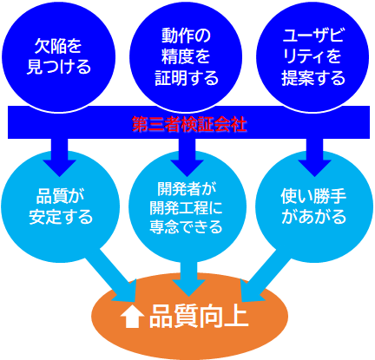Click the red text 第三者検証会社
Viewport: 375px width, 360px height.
pos(189,125)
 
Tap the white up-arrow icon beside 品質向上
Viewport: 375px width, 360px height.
pos(133,317)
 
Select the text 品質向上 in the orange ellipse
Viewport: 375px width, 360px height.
pos(199,317)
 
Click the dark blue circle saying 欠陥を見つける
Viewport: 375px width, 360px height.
pos(59,56)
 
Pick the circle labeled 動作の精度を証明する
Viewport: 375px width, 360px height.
pos(186,56)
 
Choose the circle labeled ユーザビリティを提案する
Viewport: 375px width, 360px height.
pos(312,56)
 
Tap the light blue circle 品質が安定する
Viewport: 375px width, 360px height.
pos(60,206)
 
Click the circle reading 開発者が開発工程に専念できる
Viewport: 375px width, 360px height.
pos(187,206)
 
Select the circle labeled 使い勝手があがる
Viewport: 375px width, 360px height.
pos(314,206)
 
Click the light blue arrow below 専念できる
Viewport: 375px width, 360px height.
pos(188,278)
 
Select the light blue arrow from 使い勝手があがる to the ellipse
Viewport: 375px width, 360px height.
pos(263,275)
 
